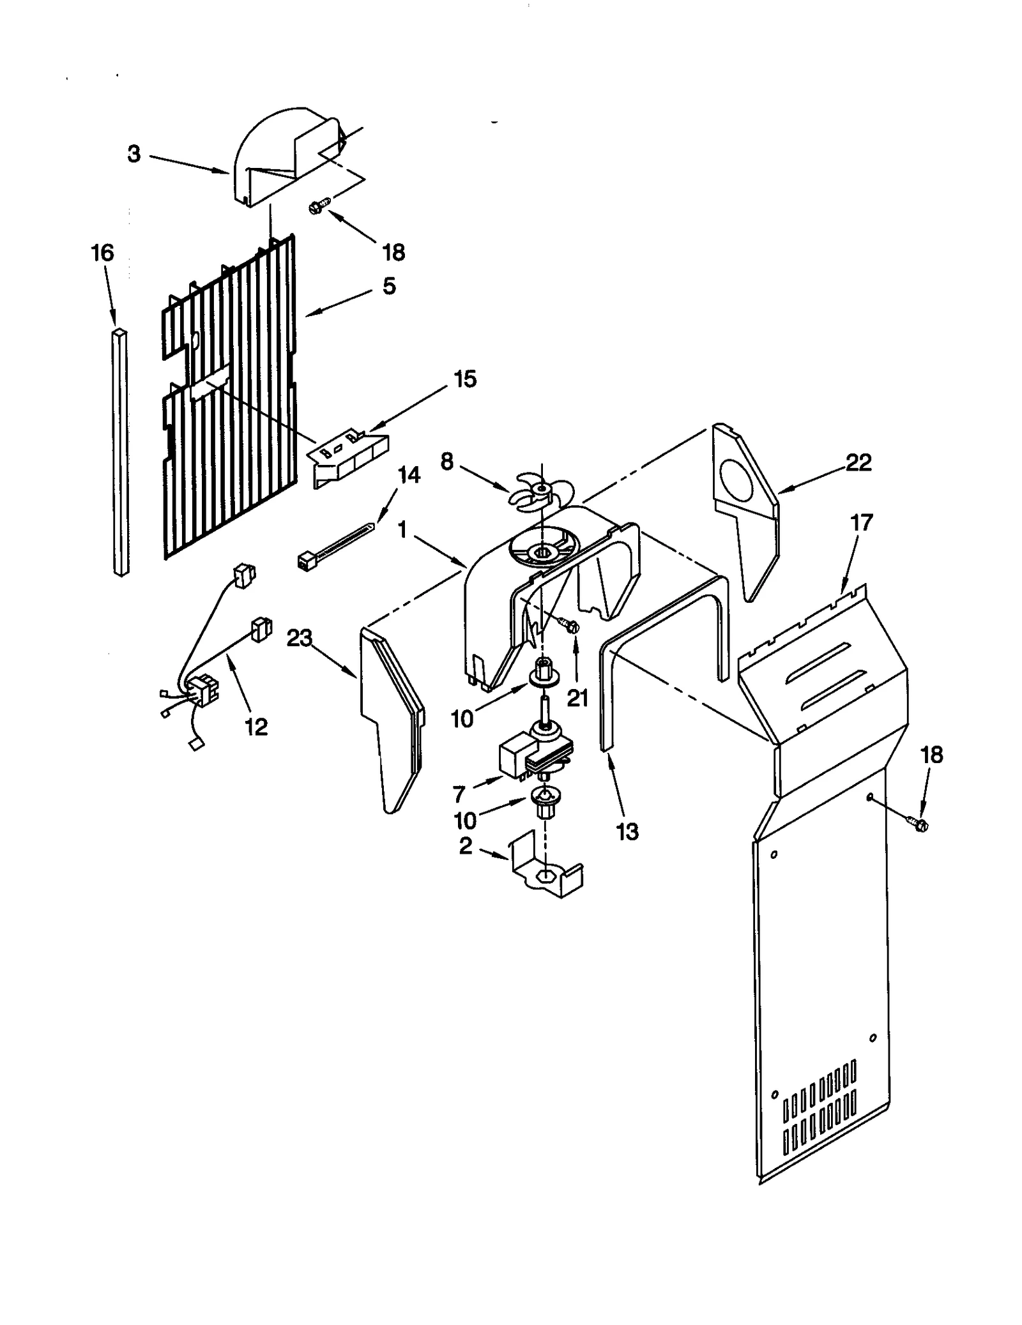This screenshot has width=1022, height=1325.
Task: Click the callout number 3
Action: (133, 154)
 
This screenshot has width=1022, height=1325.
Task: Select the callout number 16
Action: (102, 253)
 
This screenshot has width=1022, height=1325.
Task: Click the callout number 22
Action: (858, 462)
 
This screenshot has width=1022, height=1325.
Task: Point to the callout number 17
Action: (861, 523)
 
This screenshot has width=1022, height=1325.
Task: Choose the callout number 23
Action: (299, 637)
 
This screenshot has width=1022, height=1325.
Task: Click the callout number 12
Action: (256, 727)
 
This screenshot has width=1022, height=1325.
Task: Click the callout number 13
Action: (627, 831)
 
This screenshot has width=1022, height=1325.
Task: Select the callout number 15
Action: (464, 379)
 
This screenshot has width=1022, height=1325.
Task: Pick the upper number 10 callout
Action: (462, 718)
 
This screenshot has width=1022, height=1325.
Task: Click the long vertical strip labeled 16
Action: (119, 453)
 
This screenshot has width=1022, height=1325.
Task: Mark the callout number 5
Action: (389, 285)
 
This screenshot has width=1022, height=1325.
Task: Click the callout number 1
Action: (402, 530)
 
